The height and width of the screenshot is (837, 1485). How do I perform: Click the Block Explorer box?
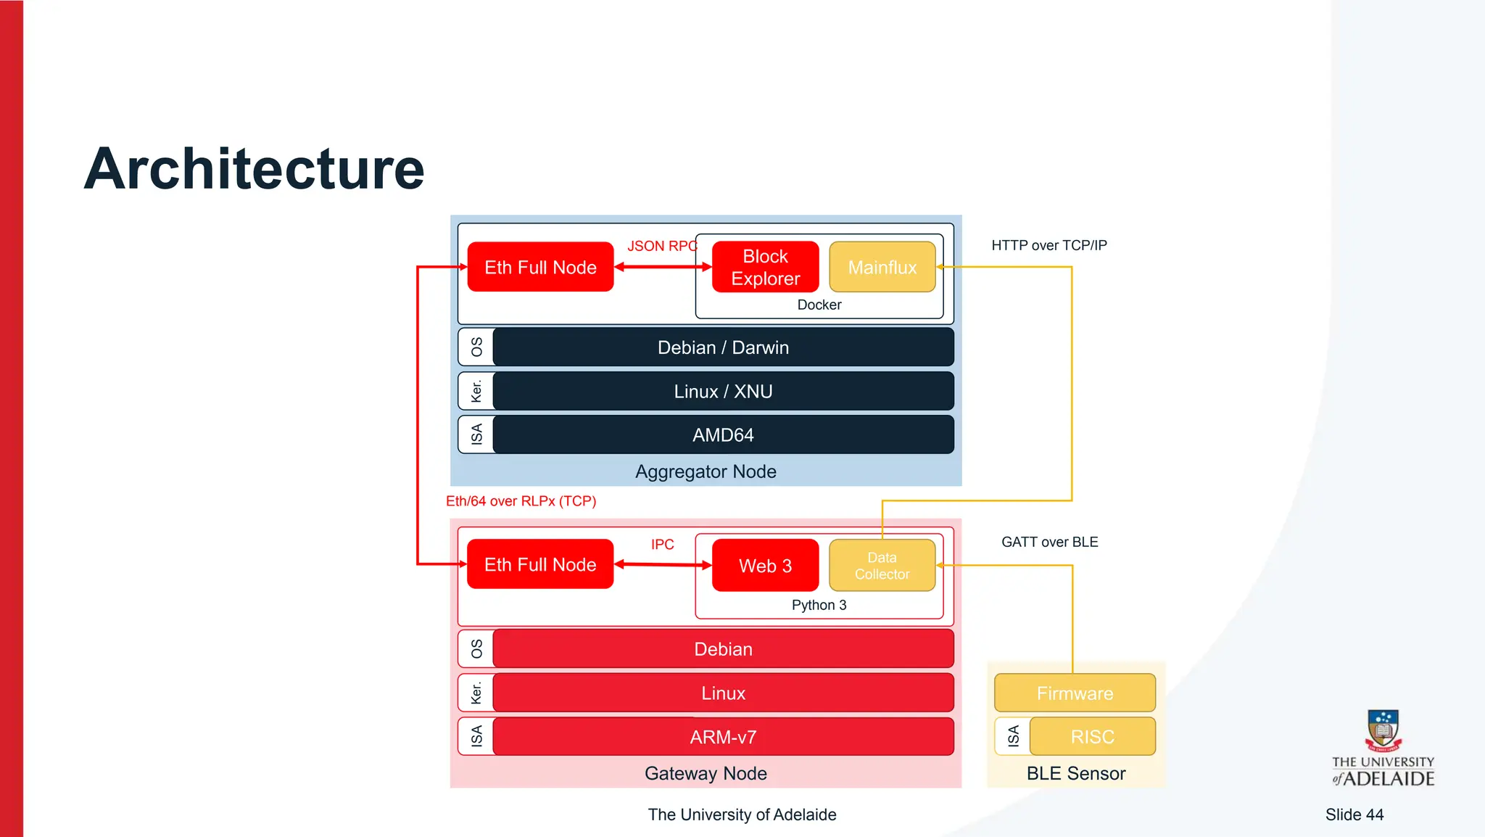(765, 267)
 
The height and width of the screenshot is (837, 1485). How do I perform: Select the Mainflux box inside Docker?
(882, 267)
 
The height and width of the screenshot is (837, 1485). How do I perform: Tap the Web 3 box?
(765, 565)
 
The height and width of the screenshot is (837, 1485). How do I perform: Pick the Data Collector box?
(882, 565)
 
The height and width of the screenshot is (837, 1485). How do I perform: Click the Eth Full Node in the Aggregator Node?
(540, 267)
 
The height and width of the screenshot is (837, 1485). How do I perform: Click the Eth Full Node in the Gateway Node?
(540, 564)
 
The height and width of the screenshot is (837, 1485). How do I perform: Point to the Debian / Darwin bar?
(723, 347)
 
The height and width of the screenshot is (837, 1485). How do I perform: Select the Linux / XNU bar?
(723, 392)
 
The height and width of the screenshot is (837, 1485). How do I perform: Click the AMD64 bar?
(723, 435)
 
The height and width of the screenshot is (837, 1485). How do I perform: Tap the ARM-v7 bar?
(723, 737)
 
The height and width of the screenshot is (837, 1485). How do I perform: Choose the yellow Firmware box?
(1075, 693)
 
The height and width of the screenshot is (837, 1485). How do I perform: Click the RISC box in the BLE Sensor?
(1092, 737)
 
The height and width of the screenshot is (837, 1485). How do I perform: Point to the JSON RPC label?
(661, 246)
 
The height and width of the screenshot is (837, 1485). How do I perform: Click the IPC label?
(662, 544)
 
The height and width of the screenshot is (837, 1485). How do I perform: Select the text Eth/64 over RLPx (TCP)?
(521, 501)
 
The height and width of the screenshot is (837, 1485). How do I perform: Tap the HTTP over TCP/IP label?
(1048, 245)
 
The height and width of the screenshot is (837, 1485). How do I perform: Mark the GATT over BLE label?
(1049, 542)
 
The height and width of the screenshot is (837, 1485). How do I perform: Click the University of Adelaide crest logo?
(1383, 731)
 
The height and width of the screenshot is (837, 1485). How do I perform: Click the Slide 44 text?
(1354, 815)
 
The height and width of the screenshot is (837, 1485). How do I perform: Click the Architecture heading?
(254, 169)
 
